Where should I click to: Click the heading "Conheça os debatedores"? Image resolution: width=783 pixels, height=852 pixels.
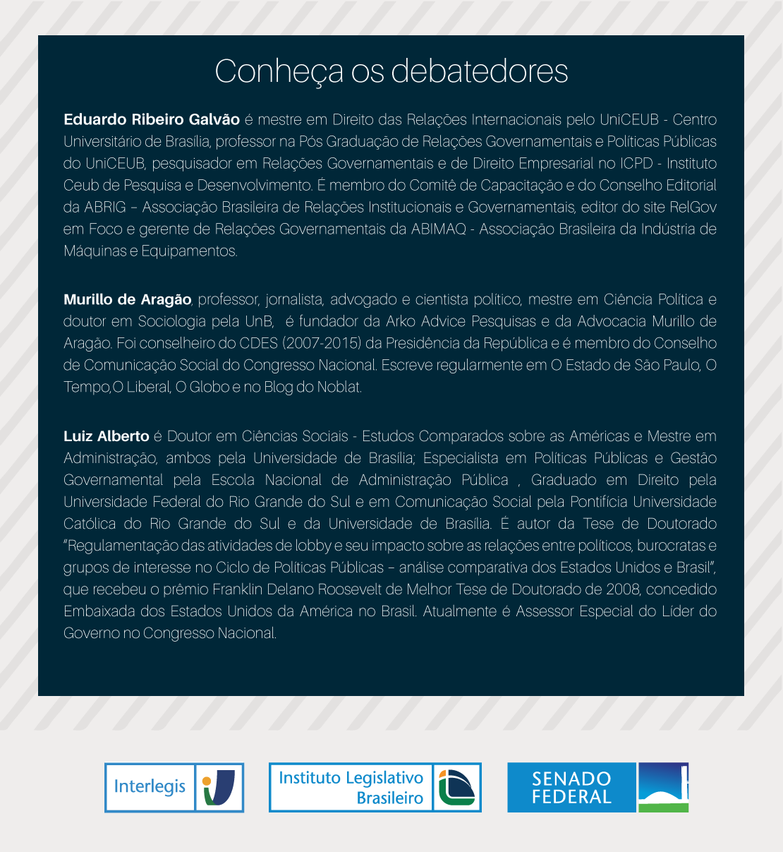point(391,71)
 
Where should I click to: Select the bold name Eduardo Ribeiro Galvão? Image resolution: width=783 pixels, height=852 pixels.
point(152,119)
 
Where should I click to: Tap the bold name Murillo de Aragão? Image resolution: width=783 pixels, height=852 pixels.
point(127,299)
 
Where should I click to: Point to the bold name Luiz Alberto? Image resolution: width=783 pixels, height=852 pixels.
point(107,436)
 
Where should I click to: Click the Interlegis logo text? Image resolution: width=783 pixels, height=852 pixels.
point(150,786)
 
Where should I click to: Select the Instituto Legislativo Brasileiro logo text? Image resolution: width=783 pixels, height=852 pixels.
point(351,787)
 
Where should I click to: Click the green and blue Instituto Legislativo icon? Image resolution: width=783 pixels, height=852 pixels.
point(456,788)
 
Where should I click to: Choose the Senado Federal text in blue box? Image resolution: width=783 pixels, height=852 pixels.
point(571,788)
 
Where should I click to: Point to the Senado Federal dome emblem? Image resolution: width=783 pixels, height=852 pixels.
point(662,788)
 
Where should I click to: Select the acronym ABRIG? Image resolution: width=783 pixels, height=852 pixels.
point(105,208)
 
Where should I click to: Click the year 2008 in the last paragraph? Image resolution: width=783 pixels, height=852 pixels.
point(624,589)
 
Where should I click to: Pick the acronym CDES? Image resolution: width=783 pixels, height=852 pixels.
point(258,344)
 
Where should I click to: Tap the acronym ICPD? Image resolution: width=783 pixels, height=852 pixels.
point(636,164)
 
